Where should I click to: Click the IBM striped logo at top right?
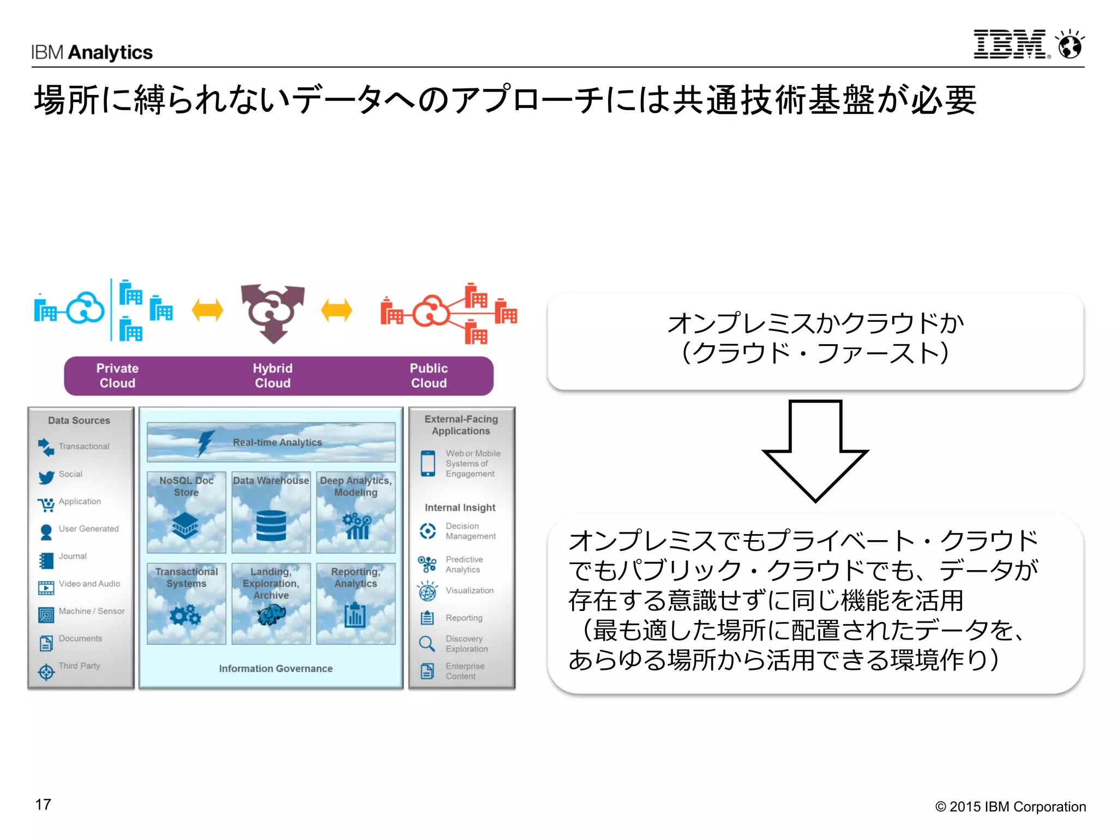tap(1010, 44)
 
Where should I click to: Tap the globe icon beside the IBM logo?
tap(1070, 45)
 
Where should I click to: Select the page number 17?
tap(43, 804)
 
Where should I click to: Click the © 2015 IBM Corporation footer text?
tap(1010, 806)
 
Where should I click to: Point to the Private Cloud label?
tap(117, 375)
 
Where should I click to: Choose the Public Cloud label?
tap(429, 375)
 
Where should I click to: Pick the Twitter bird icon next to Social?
tap(46, 477)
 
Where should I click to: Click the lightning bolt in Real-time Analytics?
tap(205, 442)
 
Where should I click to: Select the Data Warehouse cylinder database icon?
tap(271, 525)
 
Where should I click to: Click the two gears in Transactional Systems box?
tap(185, 615)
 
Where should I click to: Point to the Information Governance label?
tap(275, 668)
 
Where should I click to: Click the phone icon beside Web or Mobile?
tap(428, 463)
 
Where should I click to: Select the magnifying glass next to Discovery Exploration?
tap(427, 644)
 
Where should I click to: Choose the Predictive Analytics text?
tap(464, 564)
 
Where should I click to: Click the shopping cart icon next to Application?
tap(46, 504)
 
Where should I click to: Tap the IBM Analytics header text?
tap(92, 52)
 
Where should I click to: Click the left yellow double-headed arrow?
tap(207, 310)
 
